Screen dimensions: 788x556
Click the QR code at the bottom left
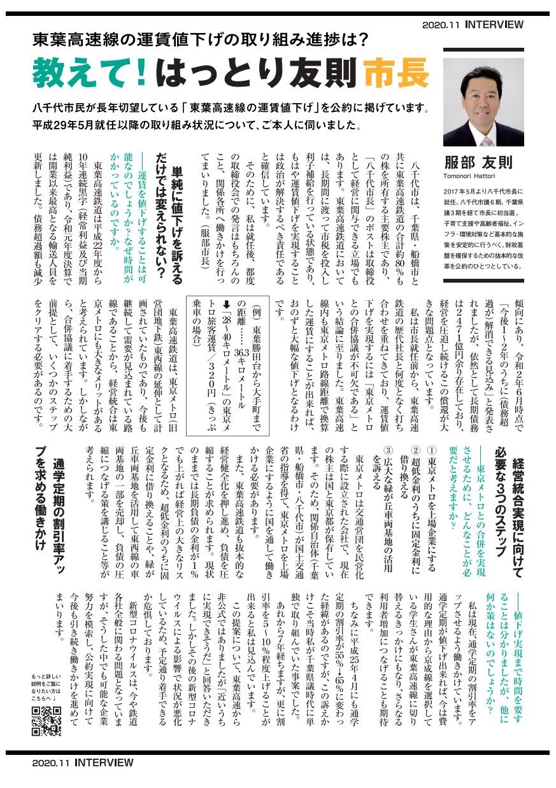point(46,721)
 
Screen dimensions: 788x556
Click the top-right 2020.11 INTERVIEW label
point(473,25)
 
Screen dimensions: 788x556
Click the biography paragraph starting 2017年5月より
point(483,227)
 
